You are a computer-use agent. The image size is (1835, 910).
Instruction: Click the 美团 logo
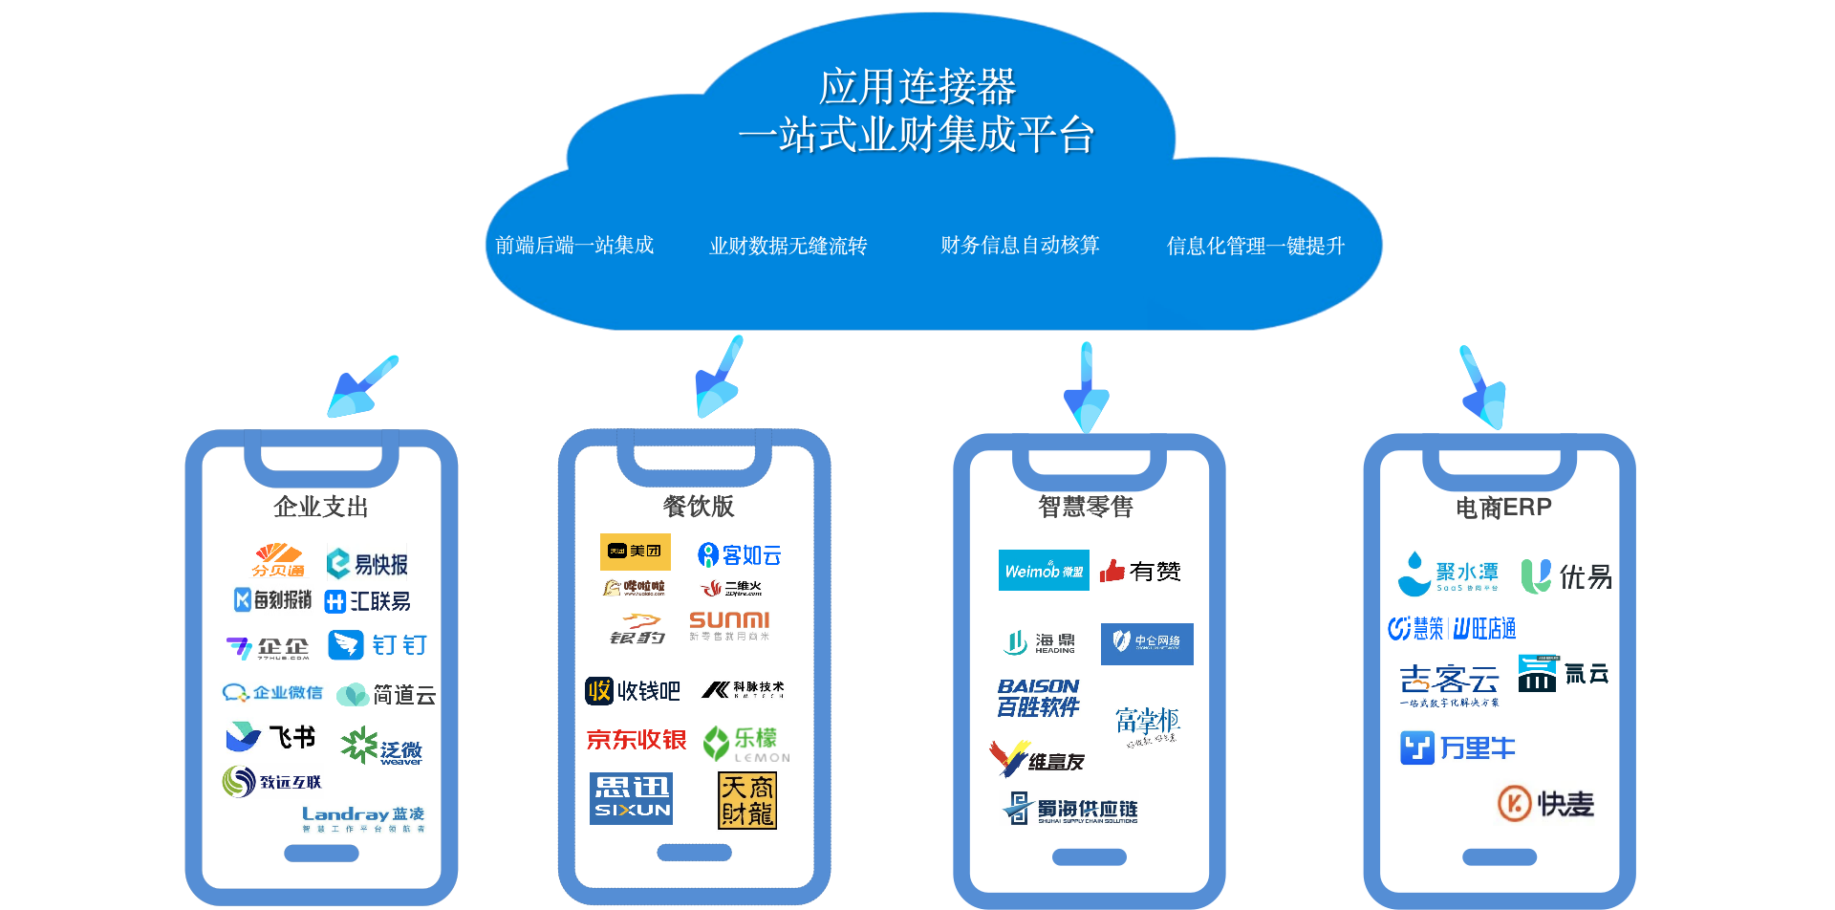pyautogui.click(x=636, y=552)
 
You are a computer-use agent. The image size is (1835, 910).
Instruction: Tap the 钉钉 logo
pyautogui.click(x=378, y=645)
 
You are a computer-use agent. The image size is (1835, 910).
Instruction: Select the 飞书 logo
pyautogui.click(x=270, y=736)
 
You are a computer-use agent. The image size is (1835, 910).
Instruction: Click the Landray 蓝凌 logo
pyautogui.click(x=363, y=817)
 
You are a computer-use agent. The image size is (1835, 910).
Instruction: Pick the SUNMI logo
pyautogui.click(x=730, y=626)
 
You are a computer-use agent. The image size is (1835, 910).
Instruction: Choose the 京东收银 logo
pyautogui.click(x=636, y=741)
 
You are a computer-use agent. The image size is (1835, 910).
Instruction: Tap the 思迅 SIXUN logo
pyautogui.click(x=631, y=798)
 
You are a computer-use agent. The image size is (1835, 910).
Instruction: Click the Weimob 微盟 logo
pyautogui.click(x=1044, y=571)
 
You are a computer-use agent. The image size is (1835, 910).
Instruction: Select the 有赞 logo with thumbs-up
pyautogui.click(x=1140, y=572)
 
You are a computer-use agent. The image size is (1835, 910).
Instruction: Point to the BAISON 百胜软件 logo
pyautogui.click(x=1039, y=697)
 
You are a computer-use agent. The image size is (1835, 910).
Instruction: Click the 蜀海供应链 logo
pyautogui.click(x=1069, y=809)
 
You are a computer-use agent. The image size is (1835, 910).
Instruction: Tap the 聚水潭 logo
pyautogui.click(x=1448, y=574)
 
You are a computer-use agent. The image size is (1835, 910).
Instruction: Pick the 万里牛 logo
pyautogui.click(x=1457, y=747)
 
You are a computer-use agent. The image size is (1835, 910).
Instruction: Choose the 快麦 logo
pyautogui.click(x=1545, y=803)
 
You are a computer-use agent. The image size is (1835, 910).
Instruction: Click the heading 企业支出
pyautogui.click(x=321, y=507)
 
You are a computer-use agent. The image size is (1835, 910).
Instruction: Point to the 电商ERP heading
pyautogui.click(x=1503, y=508)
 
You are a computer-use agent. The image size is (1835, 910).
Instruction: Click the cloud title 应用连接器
pyautogui.click(x=917, y=87)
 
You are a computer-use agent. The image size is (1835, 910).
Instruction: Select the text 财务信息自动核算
pyautogui.click(x=1020, y=246)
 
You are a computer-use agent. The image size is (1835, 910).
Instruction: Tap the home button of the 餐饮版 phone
pyautogui.click(x=695, y=853)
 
